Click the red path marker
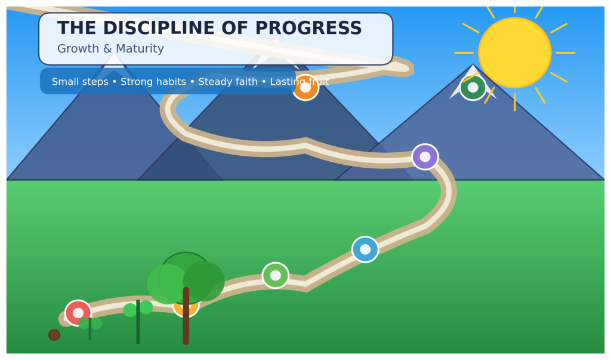(78, 313)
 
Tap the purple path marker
(425, 156)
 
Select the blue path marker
(365, 249)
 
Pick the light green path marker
(276, 275)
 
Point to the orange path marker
(305, 88)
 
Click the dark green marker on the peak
(473, 87)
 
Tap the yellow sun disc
(514, 53)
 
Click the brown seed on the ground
(54, 335)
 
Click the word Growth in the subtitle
(78, 49)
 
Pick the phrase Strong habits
(156, 82)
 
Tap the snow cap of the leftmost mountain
(113, 61)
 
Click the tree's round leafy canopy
(186, 278)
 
